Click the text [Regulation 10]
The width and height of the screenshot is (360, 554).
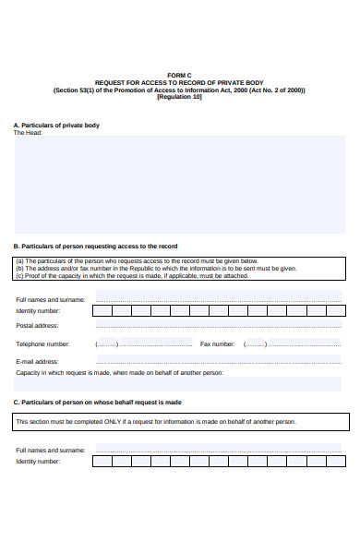[x=179, y=97]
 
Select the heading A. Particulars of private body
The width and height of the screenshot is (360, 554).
[x=56, y=125]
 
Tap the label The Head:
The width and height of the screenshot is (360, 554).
[x=28, y=133]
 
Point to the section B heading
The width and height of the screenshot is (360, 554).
[x=95, y=247]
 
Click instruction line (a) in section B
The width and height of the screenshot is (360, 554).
[x=137, y=261]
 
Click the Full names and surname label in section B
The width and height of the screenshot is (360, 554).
[x=51, y=299]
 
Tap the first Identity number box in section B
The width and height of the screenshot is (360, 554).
[x=102, y=311]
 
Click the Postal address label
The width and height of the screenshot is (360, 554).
[x=37, y=326]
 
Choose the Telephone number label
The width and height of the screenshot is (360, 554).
[x=42, y=343]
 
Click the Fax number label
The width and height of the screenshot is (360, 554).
[x=217, y=343]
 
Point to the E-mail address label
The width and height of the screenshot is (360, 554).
[x=38, y=361]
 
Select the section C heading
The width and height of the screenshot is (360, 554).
[x=97, y=403]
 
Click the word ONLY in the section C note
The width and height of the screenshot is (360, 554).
[x=123, y=422]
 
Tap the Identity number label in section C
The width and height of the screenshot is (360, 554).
[x=38, y=461]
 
